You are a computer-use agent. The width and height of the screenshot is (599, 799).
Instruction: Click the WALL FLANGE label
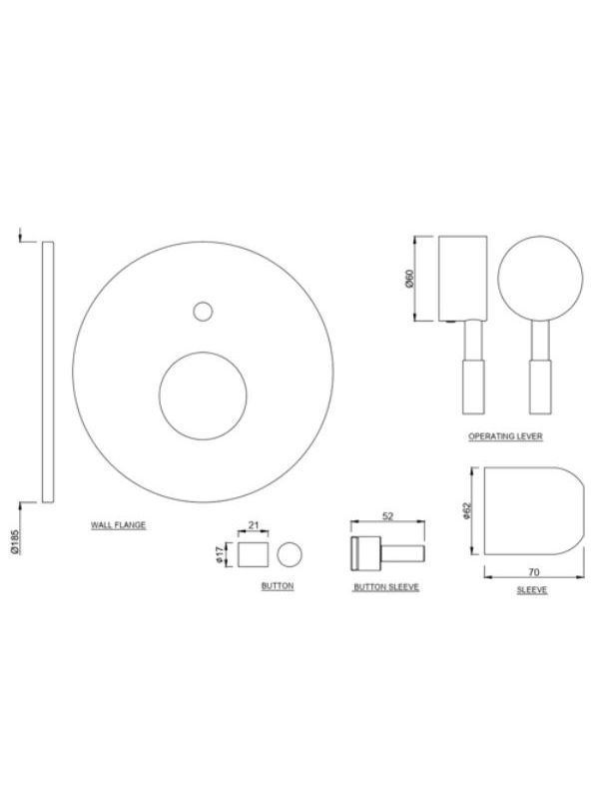click(118, 525)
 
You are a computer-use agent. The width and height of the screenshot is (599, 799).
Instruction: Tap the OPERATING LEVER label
click(505, 436)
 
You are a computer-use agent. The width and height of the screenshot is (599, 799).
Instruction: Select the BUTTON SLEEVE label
click(386, 587)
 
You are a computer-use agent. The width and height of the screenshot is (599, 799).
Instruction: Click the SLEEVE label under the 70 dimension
click(532, 590)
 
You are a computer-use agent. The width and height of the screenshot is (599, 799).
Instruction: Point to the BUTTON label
click(278, 586)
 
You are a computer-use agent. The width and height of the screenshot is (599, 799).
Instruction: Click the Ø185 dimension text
click(15, 542)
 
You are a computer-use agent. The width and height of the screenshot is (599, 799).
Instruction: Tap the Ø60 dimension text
click(410, 279)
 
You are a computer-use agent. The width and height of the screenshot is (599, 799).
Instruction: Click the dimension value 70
click(533, 572)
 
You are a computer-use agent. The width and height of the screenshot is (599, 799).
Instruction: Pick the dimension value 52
click(387, 516)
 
